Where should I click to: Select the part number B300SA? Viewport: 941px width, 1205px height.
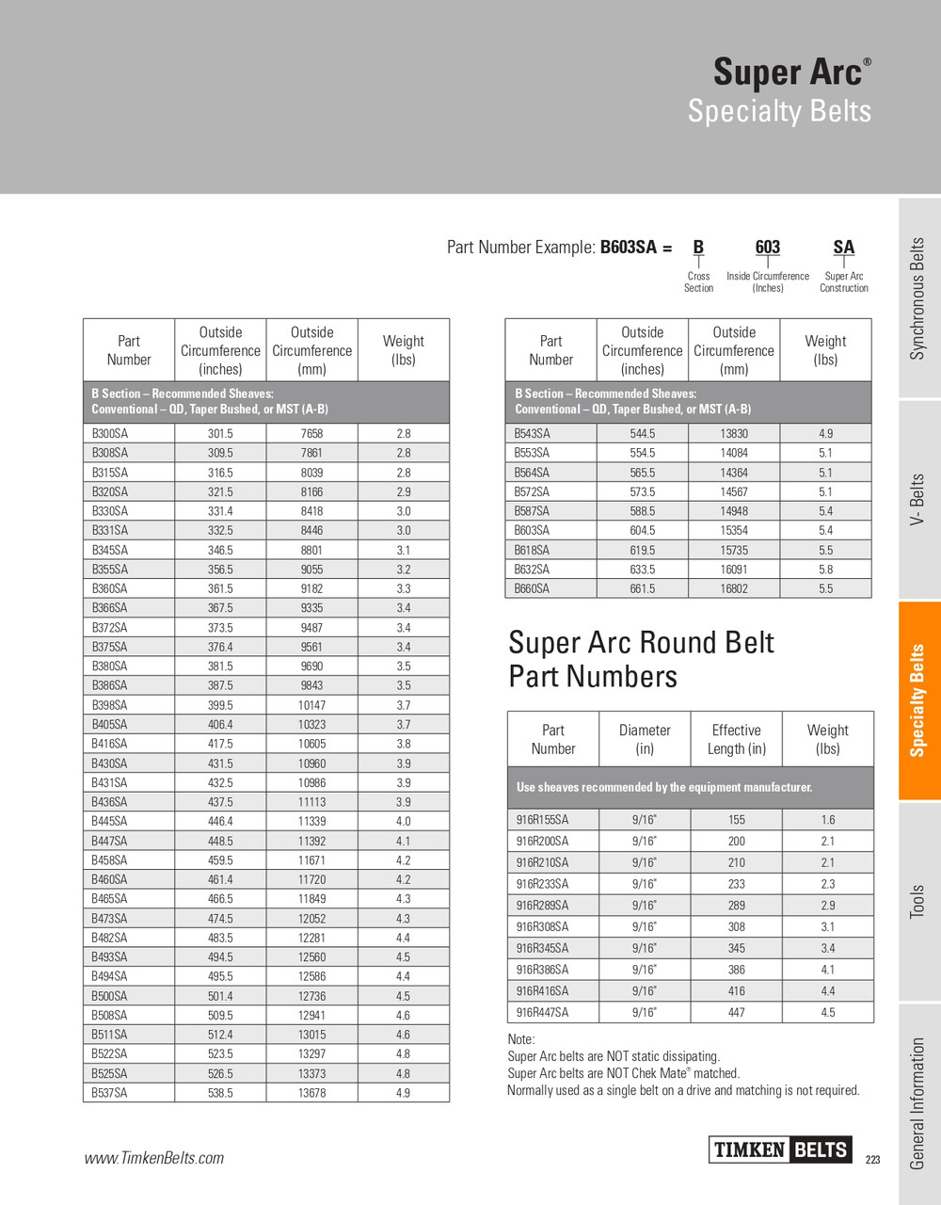pyautogui.click(x=110, y=434)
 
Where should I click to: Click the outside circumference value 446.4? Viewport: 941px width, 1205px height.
pyautogui.click(x=220, y=822)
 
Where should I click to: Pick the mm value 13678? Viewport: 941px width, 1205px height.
pyautogui.click(x=311, y=1093)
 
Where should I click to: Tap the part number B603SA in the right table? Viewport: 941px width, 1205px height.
pyautogui.click(x=532, y=531)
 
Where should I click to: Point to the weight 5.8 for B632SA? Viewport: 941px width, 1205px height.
pyautogui.click(x=824, y=570)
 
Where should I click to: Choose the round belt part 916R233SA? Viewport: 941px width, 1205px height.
pyautogui.click(x=542, y=884)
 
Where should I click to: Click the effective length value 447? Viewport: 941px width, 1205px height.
pyautogui.click(x=736, y=1013)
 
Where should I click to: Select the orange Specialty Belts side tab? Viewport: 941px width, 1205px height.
pyautogui.click(x=918, y=700)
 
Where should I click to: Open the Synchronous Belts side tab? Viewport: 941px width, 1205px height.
pyautogui.click(x=918, y=298)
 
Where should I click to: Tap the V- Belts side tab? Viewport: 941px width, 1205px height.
pyautogui.click(x=918, y=500)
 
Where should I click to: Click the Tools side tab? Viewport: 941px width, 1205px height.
pyautogui.click(x=918, y=902)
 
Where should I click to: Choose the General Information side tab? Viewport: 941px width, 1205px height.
pyautogui.click(x=918, y=1103)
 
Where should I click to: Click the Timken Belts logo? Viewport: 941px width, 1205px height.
pyautogui.click(x=780, y=1149)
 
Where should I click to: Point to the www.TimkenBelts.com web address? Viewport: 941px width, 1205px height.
pyautogui.click(x=154, y=1158)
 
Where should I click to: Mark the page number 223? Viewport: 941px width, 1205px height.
pyautogui.click(x=872, y=1160)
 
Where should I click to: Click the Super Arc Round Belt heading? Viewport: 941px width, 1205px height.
pyautogui.click(x=640, y=659)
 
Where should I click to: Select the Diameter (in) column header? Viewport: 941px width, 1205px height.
pyautogui.click(x=645, y=739)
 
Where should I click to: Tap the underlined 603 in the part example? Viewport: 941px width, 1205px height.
pyautogui.click(x=767, y=248)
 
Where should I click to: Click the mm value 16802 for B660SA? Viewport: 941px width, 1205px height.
pyautogui.click(x=734, y=589)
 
